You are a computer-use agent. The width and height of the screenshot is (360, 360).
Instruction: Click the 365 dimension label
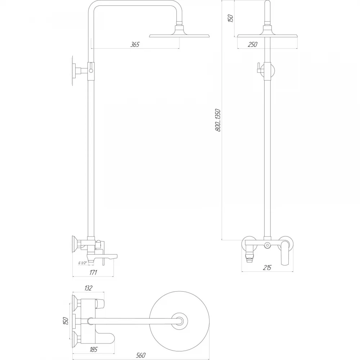pos(135,44)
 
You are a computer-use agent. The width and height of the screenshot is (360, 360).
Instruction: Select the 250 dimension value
pos(253,44)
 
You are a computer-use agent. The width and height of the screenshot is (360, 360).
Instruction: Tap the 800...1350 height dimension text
pos(218,120)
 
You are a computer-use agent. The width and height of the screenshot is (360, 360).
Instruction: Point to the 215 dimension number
pos(267,267)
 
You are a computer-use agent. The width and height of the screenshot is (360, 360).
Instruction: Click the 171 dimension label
pos(93,272)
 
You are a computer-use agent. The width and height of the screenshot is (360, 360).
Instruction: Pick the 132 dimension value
pos(88,288)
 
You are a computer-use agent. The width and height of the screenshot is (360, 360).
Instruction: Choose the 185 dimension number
pos(94,350)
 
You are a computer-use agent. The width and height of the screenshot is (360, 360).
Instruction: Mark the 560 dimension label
pos(141,355)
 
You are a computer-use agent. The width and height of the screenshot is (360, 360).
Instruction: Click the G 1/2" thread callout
pos(83,263)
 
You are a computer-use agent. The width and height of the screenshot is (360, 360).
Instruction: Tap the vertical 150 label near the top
pos(230,18)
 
